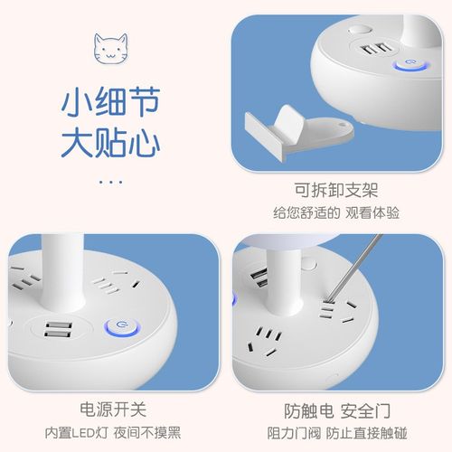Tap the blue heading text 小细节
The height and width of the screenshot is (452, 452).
[112, 102]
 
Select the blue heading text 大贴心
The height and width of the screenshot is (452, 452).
[112, 146]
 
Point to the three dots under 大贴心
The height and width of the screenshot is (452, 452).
[110, 181]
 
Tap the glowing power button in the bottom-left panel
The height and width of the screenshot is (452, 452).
[118, 327]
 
